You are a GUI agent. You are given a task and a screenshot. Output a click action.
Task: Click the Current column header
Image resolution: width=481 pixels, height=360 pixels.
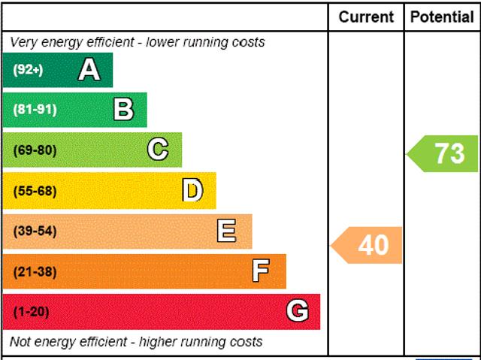coord(366,17)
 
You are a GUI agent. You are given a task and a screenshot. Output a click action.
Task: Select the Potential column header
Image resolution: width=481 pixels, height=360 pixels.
coord(443,17)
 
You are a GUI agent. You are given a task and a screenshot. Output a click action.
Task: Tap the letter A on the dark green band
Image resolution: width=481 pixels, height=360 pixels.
coord(89,70)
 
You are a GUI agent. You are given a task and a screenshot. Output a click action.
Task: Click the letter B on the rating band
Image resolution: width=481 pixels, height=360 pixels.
coord(123,110)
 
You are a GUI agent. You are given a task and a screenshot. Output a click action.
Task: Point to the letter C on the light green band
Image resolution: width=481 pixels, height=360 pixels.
coord(158,150)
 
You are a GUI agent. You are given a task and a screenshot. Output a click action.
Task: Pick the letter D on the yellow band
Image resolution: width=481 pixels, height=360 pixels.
coord(192,191)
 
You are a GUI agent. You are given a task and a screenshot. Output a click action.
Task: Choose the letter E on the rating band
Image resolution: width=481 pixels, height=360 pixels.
coord(226,231)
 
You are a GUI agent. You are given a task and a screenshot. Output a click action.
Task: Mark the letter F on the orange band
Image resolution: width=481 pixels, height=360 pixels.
coord(260,271)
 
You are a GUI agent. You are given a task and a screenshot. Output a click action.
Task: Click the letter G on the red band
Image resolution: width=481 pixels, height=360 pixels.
coord(298,311)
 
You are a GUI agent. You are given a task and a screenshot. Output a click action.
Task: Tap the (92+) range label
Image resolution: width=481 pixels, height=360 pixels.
coord(29,70)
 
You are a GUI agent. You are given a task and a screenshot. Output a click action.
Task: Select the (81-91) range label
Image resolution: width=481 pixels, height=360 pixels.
coord(35,110)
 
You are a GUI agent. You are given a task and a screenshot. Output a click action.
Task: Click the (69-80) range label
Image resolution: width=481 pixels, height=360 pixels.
coord(35,150)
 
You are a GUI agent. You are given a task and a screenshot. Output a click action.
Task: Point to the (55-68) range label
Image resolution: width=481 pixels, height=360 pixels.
coord(35,191)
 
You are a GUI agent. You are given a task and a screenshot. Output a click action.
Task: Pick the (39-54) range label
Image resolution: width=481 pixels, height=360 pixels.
coord(35,231)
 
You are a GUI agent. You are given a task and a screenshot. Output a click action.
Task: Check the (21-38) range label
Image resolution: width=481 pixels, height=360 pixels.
coord(35,271)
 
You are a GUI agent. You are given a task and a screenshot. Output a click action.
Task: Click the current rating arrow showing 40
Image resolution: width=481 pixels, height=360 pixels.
coord(370,245)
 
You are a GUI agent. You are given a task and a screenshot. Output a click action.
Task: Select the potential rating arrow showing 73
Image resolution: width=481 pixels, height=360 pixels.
coord(446,153)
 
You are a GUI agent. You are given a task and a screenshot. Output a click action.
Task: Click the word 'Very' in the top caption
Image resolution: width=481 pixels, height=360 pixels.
coord(24,42)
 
